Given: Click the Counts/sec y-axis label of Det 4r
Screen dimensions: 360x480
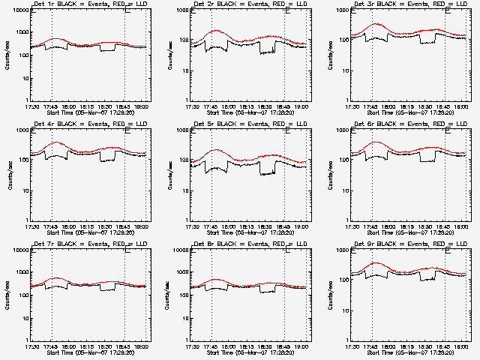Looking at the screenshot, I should coord(8,175).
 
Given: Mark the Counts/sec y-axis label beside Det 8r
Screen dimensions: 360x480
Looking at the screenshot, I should coord(169,295).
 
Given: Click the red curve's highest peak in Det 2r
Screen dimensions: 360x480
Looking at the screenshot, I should coord(216,31).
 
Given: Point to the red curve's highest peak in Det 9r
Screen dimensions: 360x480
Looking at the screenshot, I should coord(376,263).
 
